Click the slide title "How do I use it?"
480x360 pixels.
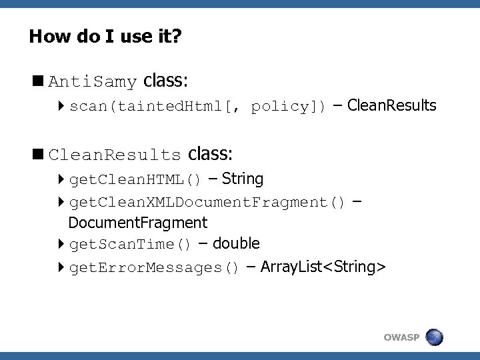pos(105,36)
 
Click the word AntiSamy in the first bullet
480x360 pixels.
pos(93,83)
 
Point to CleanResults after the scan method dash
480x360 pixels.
pos(392,105)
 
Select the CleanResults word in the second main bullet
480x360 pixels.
pos(115,156)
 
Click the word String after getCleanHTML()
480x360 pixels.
pos(243,179)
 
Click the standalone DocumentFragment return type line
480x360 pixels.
pos(138,222)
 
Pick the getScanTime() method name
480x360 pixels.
pos(131,245)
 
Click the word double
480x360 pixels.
pos(236,243)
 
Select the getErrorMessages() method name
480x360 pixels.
pos(154,268)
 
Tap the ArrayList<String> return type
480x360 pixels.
pos(323,267)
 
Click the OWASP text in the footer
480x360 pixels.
pos(401,338)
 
